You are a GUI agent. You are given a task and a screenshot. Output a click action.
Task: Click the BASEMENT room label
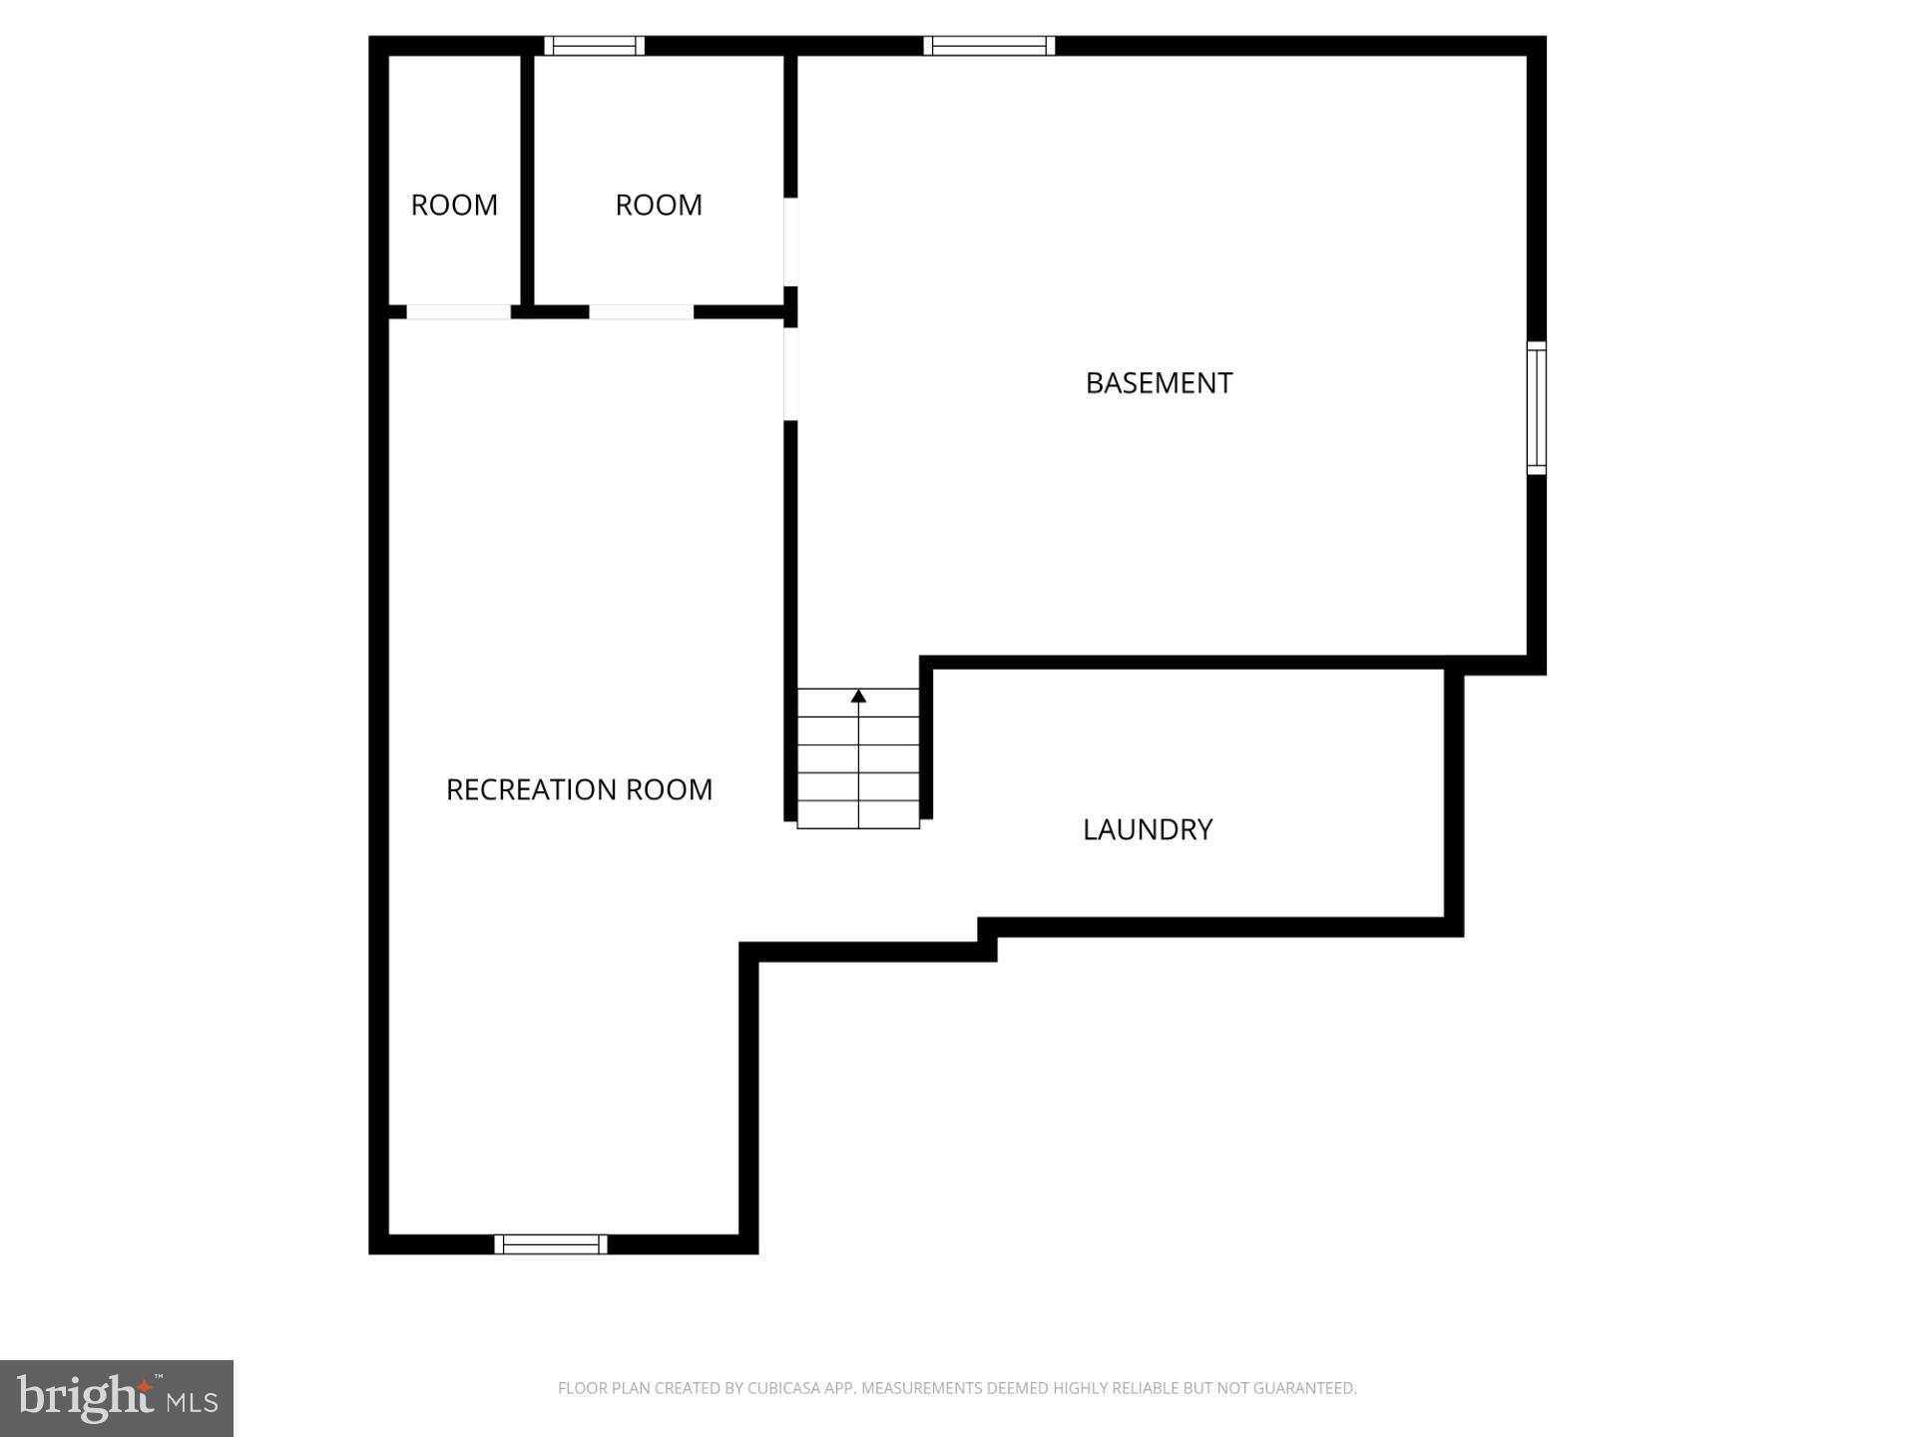coord(1159,383)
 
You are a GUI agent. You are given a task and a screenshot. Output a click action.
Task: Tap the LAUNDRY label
coord(1148,829)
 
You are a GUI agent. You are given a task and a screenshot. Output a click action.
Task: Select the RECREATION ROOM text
coord(579,789)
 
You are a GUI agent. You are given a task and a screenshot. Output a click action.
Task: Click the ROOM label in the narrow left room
coord(454,205)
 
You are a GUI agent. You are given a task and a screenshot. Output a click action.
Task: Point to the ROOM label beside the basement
coord(659,205)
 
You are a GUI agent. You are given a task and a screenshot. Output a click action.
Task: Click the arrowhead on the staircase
coord(858,696)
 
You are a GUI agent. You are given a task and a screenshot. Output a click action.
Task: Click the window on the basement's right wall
coord(1537,407)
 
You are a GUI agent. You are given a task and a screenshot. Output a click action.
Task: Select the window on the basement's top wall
coord(989,46)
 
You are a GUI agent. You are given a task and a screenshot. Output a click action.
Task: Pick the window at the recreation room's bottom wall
coord(551,1243)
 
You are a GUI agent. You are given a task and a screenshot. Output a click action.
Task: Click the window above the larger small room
coord(595,46)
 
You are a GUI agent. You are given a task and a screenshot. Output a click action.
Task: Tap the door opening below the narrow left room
coord(459,312)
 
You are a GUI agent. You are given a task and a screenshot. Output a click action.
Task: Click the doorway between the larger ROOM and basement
coord(790,241)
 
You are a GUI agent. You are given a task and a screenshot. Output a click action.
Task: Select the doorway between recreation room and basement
coord(790,373)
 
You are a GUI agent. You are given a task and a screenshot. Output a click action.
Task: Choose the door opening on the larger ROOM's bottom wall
coord(641,312)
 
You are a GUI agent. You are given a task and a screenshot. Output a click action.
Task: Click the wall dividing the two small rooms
coord(527,180)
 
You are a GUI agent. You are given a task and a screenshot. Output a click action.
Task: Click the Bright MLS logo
coord(117,1398)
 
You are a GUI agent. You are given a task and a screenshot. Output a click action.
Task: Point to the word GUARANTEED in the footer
coord(1305,1388)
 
